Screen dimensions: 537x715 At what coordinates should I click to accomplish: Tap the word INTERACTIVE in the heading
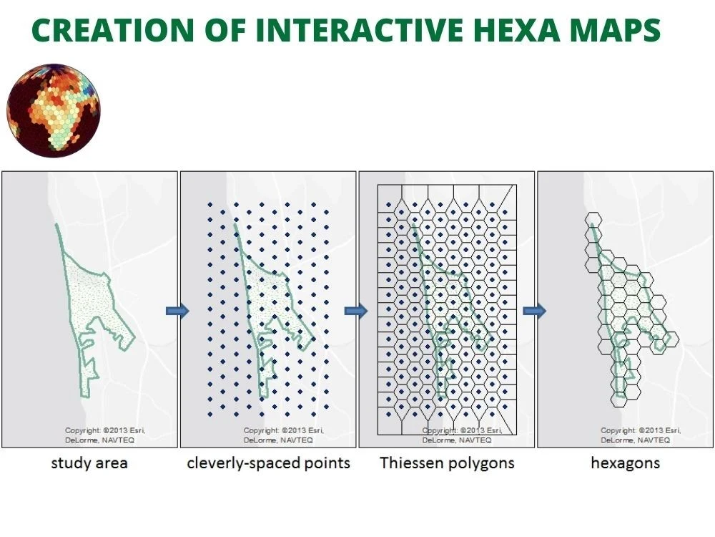365,30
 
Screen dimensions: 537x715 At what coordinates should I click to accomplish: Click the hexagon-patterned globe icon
54,109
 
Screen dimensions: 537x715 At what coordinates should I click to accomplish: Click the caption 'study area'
89,463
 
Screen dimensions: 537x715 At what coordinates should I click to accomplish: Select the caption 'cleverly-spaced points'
268,463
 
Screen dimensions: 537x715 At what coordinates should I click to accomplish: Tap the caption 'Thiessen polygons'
447,463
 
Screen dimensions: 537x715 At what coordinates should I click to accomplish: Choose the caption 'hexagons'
625,463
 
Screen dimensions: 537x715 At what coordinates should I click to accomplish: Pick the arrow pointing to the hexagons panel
534,310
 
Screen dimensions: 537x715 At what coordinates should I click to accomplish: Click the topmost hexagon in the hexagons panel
593,221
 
